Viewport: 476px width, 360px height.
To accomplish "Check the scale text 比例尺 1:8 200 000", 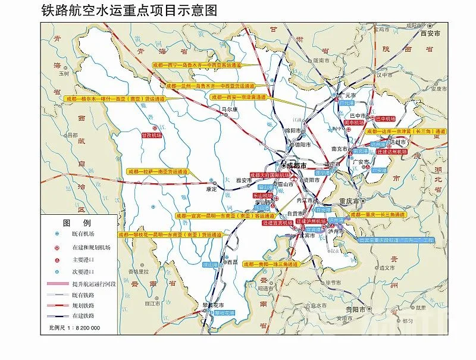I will tap(74, 328).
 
